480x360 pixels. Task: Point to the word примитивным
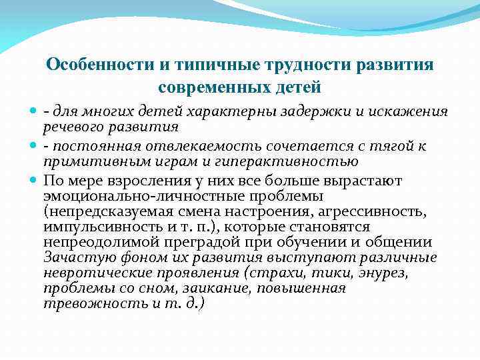[x=87, y=161]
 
